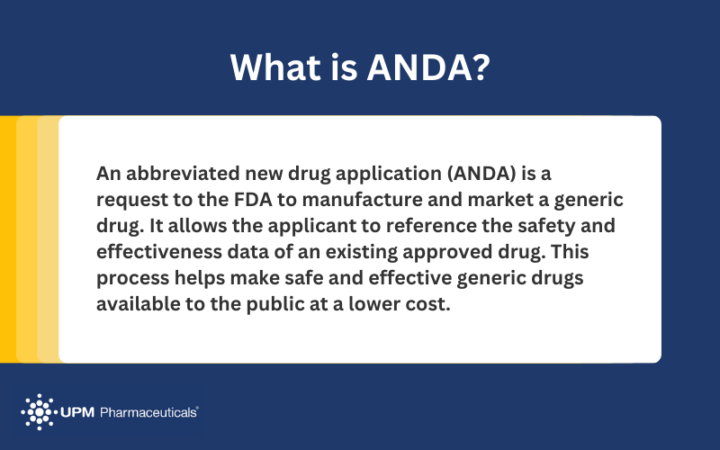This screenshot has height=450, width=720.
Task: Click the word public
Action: (275, 304)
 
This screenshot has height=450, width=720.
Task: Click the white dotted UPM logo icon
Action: (39, 411)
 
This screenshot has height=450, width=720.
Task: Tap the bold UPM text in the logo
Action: (80, 412)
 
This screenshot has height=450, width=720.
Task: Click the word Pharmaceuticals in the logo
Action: (149, 412)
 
